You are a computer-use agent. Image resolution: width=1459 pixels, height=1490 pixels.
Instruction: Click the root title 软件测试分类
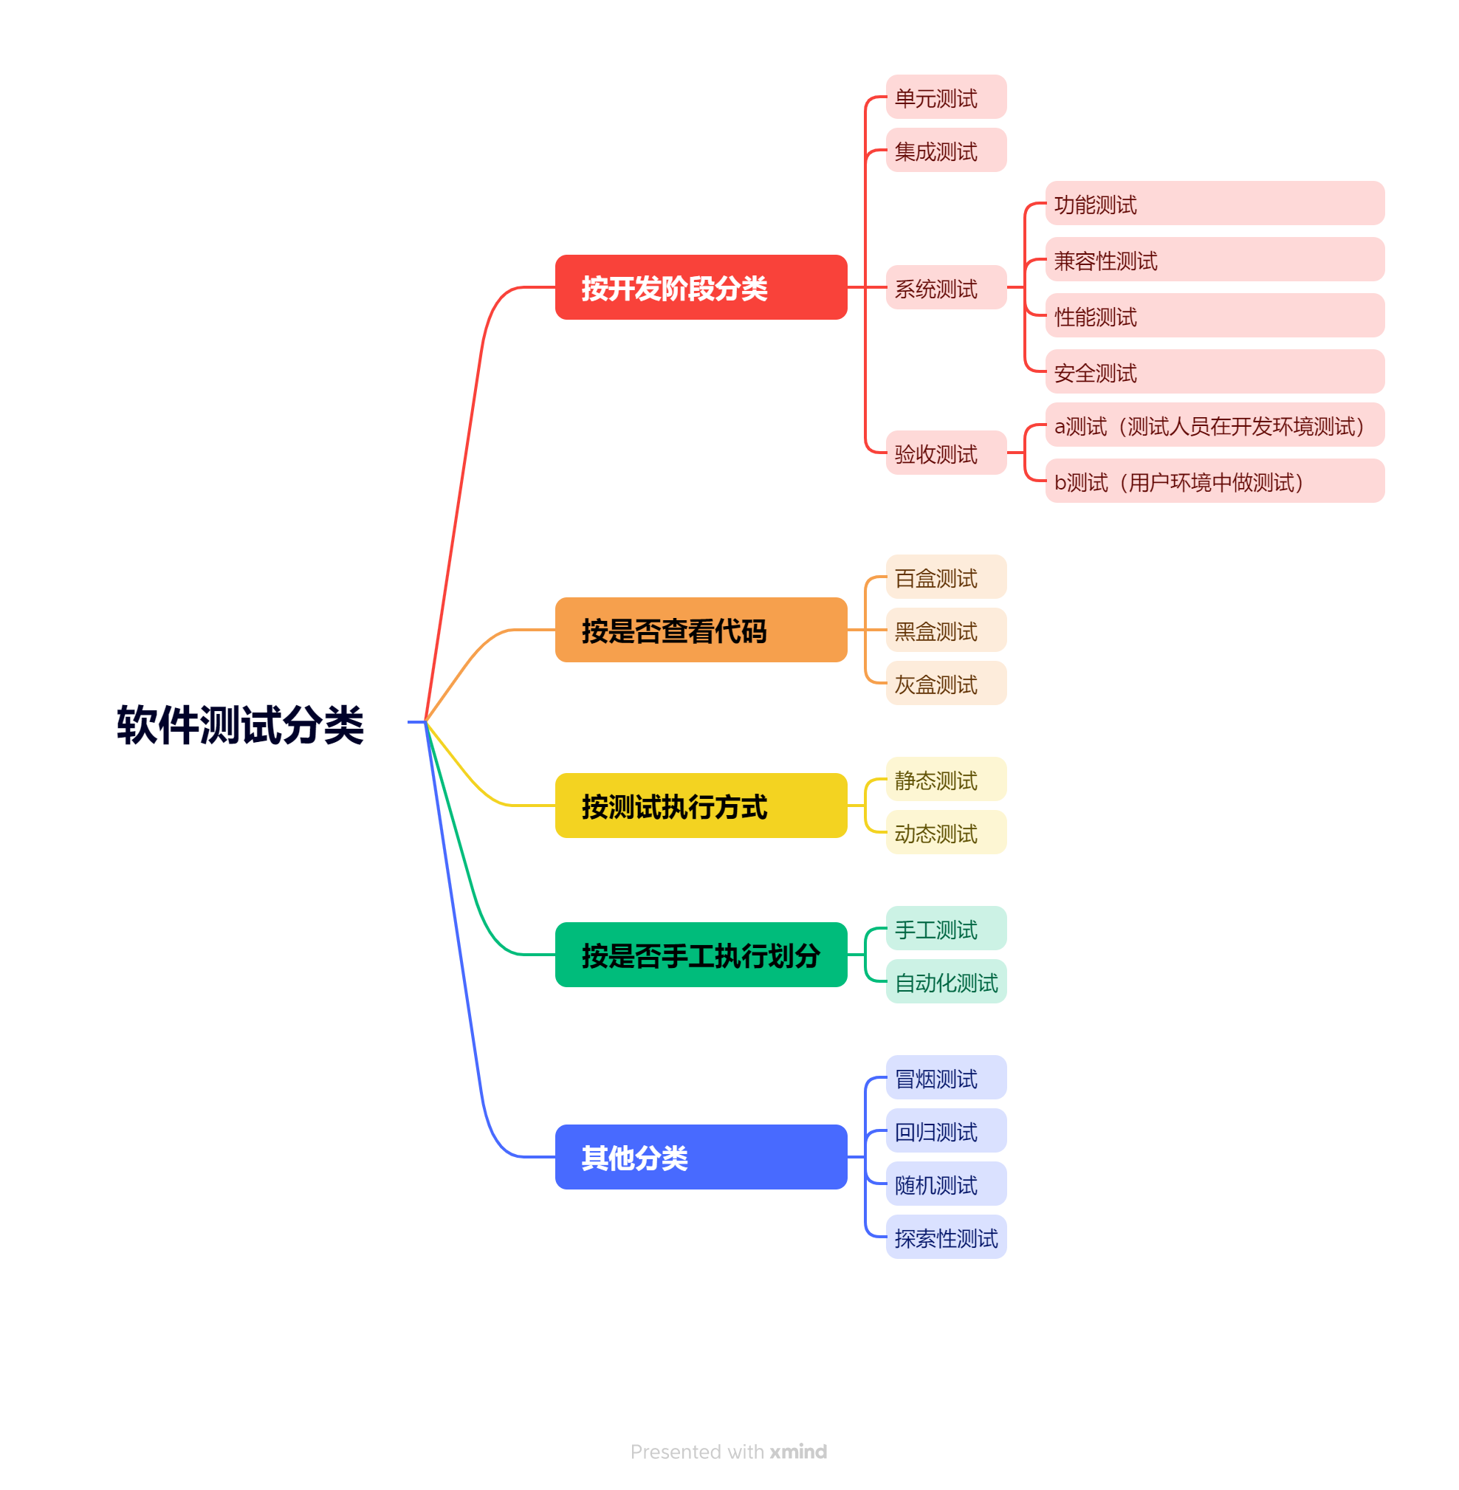(x=240, y=724)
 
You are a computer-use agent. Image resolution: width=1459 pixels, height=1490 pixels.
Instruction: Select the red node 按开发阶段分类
(x=701, y=287)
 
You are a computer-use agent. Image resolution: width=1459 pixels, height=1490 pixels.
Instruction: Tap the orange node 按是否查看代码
(x=701, y=630)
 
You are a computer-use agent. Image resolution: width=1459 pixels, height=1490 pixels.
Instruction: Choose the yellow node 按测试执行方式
(x=701, y=806)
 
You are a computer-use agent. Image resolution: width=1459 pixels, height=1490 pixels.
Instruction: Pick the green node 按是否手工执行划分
(x=701, y=955)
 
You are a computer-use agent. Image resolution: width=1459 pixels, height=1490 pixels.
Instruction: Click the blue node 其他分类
(x=701, y=1157)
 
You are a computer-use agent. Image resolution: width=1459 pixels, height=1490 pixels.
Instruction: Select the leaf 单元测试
(x=947, y=97)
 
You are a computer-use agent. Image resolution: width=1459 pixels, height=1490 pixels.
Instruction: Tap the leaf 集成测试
(x=947, y=150)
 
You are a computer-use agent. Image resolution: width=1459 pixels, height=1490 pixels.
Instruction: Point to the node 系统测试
(x=947, y=287)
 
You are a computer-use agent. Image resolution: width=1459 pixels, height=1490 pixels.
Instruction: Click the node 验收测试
(x=947, y=453)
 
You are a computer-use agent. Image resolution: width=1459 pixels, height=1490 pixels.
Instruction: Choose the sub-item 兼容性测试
(x=1215, y=260)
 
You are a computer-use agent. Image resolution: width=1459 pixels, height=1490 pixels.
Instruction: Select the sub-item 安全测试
(x=1215, y=371)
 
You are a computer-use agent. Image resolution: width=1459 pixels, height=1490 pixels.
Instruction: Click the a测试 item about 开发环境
(x=1215, y=425)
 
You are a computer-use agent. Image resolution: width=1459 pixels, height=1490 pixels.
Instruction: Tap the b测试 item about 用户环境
(x=1215, y=481)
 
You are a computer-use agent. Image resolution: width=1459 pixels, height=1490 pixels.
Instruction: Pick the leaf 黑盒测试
(x=947, y=630)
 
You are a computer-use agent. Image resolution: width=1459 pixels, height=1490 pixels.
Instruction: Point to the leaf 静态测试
(x=947, y=780)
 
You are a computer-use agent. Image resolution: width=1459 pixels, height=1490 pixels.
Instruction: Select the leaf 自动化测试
(x=947, y=982)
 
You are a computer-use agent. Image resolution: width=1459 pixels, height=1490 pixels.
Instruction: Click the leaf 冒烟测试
(x=947, y=1078)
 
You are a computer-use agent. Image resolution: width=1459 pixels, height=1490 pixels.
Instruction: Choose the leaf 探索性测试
(x=947, y=1237)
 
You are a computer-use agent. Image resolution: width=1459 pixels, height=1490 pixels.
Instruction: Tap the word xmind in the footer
(x=798, y=1452)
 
